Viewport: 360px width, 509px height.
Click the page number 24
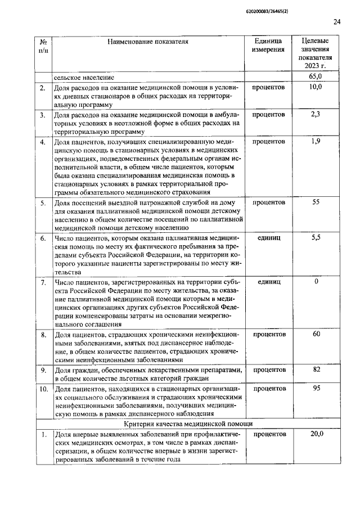click(337, 22)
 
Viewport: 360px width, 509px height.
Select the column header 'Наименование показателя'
click(148, 41)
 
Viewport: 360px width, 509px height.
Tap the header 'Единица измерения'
click(268, 46)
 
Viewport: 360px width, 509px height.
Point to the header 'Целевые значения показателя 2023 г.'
click(316, 53)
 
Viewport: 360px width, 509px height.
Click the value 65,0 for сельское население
click(316, 76)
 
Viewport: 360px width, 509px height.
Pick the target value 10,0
click(316, 87)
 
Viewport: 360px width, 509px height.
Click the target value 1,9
click(316, 141)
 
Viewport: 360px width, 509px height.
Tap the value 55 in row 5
click(316, 201)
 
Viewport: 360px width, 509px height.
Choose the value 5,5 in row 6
click(316, 238)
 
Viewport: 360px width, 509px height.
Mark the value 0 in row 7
click(316, 281)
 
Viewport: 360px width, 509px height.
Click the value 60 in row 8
click(316, 335)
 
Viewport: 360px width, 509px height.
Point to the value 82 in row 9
click(316, 370)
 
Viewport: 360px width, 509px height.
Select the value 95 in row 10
click(316, 389)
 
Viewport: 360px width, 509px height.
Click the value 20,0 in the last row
click(316, 434)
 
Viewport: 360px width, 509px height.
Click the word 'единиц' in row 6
click(268, 238)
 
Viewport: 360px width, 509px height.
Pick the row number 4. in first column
click(43, 141)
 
